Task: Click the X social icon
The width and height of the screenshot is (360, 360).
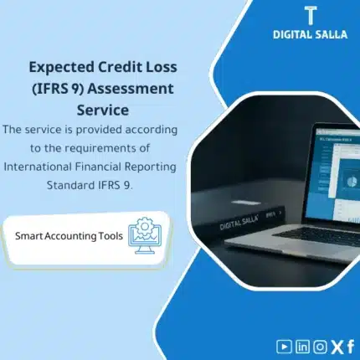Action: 336,345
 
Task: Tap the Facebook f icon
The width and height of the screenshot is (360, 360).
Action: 350,345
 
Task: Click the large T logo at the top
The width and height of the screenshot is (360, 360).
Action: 310,16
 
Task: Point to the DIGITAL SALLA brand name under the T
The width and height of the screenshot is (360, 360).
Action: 310,34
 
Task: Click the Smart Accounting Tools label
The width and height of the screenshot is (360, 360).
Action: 69,236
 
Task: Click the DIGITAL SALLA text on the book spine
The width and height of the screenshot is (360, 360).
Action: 244,223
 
